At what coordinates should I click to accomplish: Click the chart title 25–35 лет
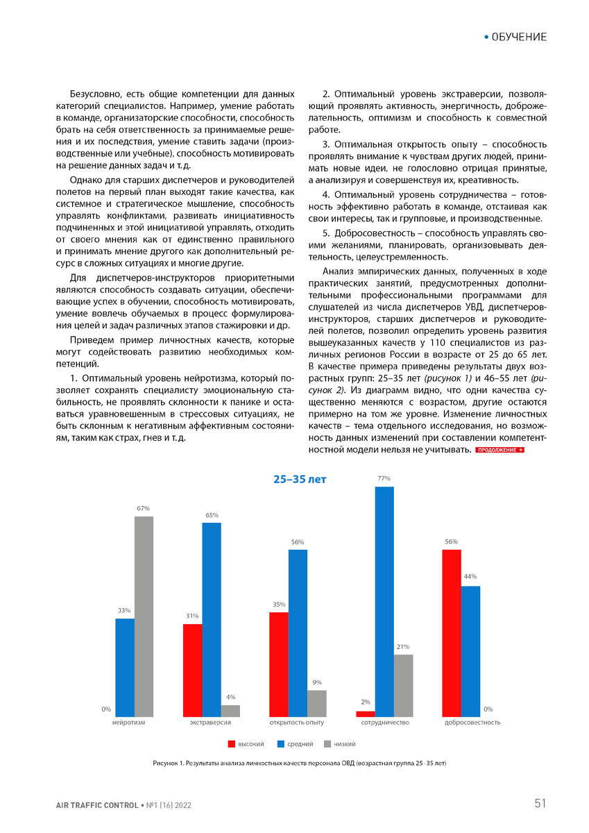[299, 480]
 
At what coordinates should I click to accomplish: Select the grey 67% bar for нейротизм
[144, 616]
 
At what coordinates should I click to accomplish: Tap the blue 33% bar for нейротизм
[125, 667]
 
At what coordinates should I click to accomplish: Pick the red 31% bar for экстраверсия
[193, 670]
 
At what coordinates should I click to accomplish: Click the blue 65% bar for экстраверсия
[212, 619]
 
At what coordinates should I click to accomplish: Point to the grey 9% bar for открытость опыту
[317, 703]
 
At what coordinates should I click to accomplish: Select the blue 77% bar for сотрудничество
[384, 601]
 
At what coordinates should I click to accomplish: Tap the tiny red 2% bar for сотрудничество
[366, 714]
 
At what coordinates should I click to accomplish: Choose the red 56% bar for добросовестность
[452, 632]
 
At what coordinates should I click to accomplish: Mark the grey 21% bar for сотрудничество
[403, 685]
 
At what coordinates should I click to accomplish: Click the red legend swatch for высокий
[232, 744]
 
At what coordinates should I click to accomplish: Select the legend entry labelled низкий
[344, 744]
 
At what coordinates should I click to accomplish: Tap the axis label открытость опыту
[298, 723]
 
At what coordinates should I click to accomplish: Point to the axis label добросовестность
[472, 723]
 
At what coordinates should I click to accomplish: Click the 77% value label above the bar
[384, 479]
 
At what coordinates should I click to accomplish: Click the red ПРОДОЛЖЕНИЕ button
[500, 451]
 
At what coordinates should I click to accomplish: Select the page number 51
[540, 804]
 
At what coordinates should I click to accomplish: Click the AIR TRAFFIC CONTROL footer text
[96, 805]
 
